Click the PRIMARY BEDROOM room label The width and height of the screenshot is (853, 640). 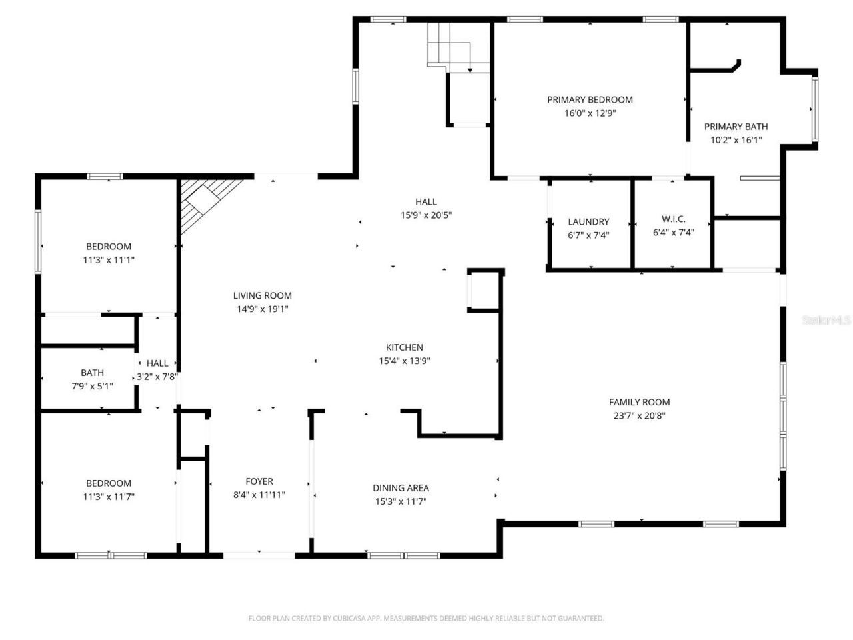click(590, 99)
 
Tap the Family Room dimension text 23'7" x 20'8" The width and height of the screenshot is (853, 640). click(639, 415)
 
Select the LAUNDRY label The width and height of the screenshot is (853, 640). click(588, 221)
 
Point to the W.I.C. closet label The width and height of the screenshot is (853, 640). click(673, 219)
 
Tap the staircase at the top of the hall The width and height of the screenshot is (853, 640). click(450, 47)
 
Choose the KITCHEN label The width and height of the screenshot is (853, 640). click(405, 347)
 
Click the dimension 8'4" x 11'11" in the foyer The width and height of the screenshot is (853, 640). click(259, 495)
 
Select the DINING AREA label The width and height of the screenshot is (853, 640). click(401, 488)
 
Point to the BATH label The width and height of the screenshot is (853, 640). click(92, 373)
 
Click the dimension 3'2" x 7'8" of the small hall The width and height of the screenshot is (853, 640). click(157, 377)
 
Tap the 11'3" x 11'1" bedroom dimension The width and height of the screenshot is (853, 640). click(109, 260)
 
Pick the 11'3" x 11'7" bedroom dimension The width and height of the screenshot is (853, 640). click(109, 497)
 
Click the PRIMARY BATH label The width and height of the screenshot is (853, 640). click(736, 126)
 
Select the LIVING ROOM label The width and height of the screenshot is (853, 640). click(263, 295)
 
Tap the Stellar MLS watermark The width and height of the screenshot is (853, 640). click(826, 320)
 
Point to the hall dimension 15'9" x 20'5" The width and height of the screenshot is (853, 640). click(426, 215)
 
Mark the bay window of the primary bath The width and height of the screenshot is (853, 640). click(814, 108)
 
